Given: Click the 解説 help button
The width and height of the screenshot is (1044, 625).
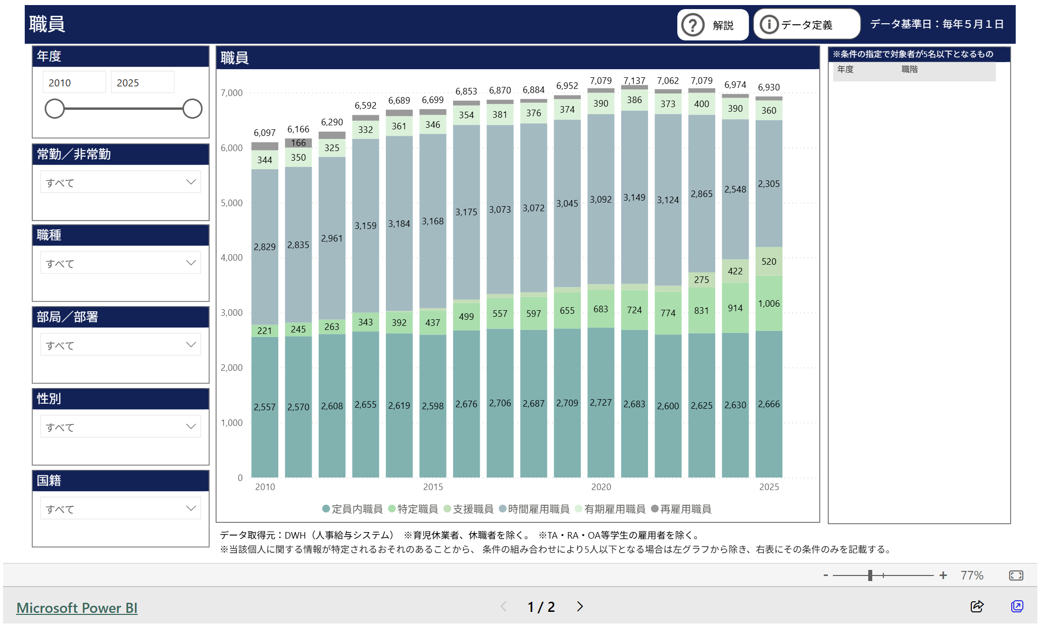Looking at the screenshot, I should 712,25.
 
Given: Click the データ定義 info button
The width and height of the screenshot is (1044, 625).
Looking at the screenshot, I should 806,25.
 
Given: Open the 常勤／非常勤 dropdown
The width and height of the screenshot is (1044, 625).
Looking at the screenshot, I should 120,182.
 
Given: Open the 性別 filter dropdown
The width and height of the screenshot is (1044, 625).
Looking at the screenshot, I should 120,427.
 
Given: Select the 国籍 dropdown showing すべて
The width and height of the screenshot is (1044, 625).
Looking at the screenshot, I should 120,509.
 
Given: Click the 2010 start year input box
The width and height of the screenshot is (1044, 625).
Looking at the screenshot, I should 74,83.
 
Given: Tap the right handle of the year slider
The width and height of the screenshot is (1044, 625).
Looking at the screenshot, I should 192,109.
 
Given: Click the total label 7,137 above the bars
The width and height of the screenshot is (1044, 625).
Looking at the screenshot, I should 634,81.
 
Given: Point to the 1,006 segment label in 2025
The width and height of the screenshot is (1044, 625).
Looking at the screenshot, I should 769,304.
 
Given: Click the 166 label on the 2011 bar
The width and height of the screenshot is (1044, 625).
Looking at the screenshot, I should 298,143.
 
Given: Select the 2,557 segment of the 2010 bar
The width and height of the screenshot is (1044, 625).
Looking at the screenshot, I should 265,407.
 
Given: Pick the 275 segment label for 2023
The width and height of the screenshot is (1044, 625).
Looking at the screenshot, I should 701,280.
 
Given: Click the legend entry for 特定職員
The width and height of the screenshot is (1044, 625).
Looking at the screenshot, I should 413,509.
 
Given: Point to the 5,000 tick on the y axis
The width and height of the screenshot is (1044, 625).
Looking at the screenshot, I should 231,203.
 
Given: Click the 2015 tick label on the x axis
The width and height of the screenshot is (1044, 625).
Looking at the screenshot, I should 433,487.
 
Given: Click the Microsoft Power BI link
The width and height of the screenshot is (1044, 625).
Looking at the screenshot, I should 77,608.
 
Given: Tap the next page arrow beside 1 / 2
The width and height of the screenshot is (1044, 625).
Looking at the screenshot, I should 580,607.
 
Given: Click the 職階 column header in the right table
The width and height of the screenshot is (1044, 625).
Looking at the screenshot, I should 909,70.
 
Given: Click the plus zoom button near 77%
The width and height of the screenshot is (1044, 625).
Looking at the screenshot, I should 943,575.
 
